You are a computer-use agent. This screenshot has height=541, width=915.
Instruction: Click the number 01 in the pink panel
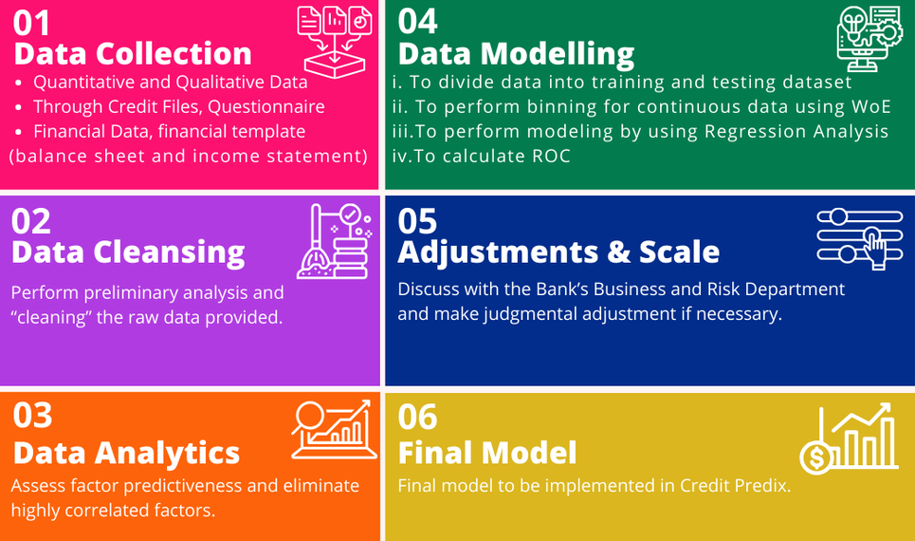tap(34, 22)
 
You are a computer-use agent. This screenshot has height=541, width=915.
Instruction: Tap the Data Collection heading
tap(133, 53)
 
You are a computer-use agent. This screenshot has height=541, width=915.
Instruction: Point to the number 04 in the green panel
tap(418, 20)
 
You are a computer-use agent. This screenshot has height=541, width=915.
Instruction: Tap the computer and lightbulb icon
tap(868, 38)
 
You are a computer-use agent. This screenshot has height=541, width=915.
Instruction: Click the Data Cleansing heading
tap(128, 252)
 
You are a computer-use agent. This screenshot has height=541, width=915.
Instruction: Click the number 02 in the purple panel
tap(31, 221)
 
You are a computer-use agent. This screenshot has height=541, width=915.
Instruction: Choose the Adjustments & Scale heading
tap(558, 252)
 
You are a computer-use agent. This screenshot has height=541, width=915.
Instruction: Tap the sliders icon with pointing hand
tap(859, 235)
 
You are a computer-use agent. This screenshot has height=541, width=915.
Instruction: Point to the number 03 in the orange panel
tap(32, 417)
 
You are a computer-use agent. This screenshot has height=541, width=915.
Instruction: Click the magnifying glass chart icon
tap(330, 429)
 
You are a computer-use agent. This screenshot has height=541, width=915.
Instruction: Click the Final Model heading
tap(487, 453)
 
